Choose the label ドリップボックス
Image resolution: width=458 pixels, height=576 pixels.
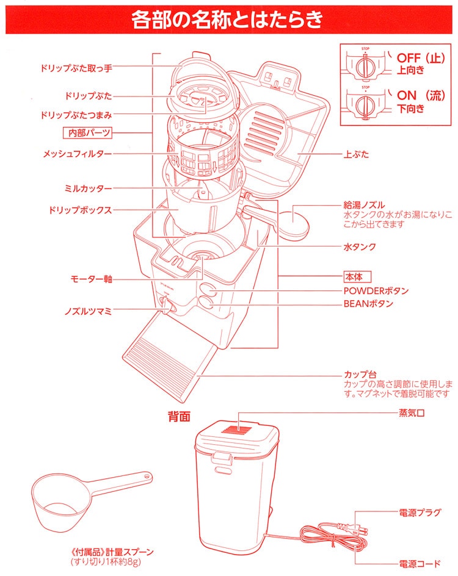tap(80, 210)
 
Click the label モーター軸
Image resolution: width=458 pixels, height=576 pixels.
tap(91, 279)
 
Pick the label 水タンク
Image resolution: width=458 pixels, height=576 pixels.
tap(359, 247)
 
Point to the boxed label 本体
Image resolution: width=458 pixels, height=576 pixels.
tap(357, 276)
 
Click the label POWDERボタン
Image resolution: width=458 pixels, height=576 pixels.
tap(376, 290)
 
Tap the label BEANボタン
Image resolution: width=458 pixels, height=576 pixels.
tap(368, 303)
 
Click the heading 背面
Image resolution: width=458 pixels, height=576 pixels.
tap(180, 417)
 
